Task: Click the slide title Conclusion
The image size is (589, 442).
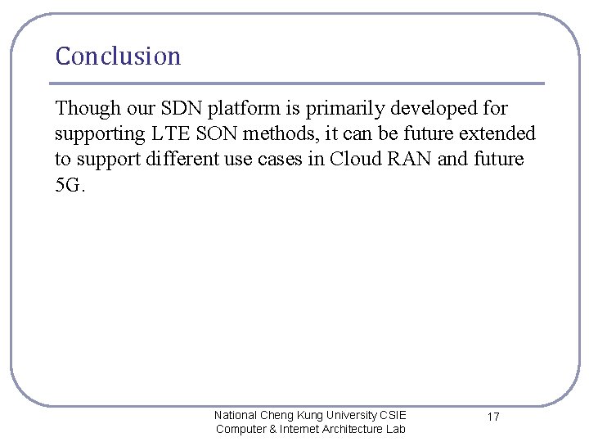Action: (x=118, y=56)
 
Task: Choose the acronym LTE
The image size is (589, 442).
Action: (x=170, y=133)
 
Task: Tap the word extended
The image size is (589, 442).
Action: (x=499, y=133)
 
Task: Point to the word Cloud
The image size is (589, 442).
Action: (x=354, y=159)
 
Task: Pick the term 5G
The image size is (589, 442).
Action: (x=69, y=184)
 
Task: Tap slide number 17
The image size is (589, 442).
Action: (x=493, y=417)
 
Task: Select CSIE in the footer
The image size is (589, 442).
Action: (x=392, y=415)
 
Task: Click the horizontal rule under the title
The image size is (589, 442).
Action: (x=296, y=83)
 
